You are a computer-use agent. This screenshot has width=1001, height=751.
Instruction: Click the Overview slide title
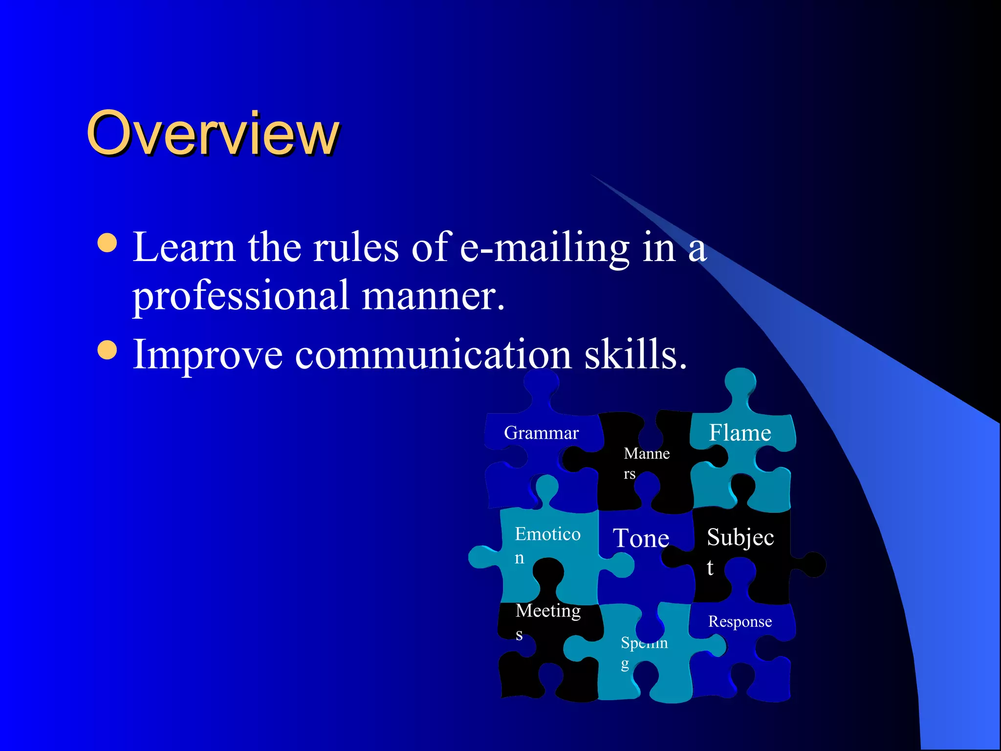pos(212,133)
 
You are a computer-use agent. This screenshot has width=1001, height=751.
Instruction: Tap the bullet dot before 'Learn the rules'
pos(107,243)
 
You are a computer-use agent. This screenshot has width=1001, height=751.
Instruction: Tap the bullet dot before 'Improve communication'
pos(107,350)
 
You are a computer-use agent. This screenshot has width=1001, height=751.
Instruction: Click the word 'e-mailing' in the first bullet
pos(544,248)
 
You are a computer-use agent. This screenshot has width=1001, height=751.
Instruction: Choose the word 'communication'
pos(433,354)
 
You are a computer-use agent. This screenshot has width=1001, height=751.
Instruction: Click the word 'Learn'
pos(184,247)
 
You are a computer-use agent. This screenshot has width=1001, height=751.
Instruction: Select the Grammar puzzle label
pos(541,433)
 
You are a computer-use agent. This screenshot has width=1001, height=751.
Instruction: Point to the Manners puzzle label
pos(646,463)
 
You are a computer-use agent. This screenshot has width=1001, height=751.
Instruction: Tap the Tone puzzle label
pos(641,538)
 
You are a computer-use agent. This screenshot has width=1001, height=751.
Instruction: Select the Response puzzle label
pos(740,621)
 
